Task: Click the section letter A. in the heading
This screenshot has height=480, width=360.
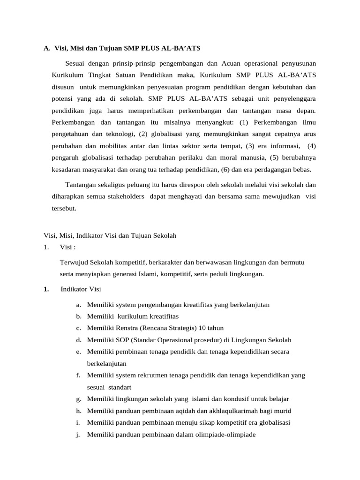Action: pyautogui.click(x=46, y=48)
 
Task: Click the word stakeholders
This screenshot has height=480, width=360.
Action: pyautogui.click(x=122, y=196)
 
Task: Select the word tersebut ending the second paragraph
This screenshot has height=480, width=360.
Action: pyautogui.click(x=64, y=208)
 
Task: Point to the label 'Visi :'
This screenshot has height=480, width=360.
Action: pyautogui.click(x=68, y=247)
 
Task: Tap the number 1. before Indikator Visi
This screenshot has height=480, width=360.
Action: pyautogui.click(x=46, y=289)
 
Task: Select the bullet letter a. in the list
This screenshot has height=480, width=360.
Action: pyautogui.click(x=79, y=305)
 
